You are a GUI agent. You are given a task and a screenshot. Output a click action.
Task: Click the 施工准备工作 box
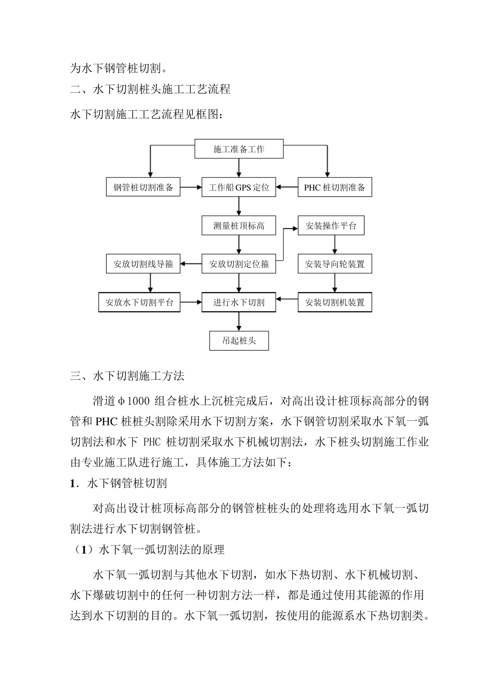click(239, 149)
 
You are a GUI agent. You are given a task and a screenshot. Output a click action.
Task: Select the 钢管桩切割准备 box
click(143, 187)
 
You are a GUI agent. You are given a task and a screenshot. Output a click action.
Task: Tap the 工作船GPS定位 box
click(239, 187)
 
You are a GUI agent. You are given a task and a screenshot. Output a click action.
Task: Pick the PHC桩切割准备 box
click(335, 187)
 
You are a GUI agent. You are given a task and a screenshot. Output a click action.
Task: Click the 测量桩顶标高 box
click(239, 226)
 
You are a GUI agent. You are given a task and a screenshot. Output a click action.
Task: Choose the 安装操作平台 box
click(331, 226)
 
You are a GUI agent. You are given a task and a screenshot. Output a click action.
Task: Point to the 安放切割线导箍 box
click(143, 264)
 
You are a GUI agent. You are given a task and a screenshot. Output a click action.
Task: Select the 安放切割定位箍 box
click(239, 264)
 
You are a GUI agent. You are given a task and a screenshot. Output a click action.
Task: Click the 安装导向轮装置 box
click(335, 264)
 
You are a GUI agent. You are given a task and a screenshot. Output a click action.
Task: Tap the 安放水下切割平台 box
click(139, 302)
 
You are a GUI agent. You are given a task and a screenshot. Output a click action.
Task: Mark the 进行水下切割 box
click(239, 302)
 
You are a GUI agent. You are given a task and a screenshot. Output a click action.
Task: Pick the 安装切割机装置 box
click(335, 302)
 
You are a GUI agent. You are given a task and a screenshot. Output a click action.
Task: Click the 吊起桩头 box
click(239, 340)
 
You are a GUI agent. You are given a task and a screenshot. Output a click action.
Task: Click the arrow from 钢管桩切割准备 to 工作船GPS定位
click(191, 187)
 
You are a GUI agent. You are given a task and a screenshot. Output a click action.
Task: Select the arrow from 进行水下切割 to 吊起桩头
click(239, 321)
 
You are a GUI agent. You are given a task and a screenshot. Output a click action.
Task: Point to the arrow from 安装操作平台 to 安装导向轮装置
click(335, 245)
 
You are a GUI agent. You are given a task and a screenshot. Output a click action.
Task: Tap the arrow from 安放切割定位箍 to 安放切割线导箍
click(191, 264)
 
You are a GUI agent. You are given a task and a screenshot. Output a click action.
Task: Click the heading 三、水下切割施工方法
click(127, 376)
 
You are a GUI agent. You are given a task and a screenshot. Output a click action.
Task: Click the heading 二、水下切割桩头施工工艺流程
click(150, 89)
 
